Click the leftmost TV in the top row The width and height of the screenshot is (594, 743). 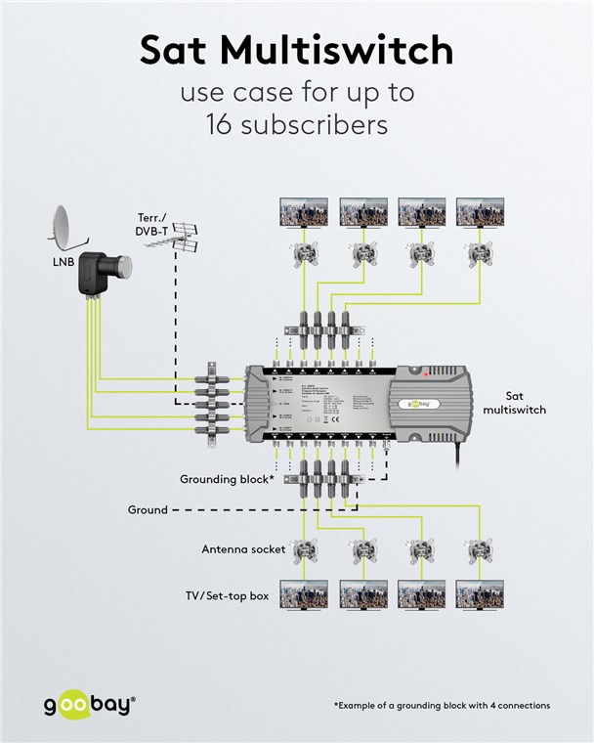tap(303, 211)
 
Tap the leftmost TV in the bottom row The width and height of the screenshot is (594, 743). tap(303, 593)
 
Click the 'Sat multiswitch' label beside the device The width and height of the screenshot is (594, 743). tap(513, 403)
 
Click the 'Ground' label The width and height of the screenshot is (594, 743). tap(148, 509)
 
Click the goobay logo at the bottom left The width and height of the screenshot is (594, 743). tap(89, 705)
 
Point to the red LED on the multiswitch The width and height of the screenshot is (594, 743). tap(426, 373)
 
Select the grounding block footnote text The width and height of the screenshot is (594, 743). tap(442, 705)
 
